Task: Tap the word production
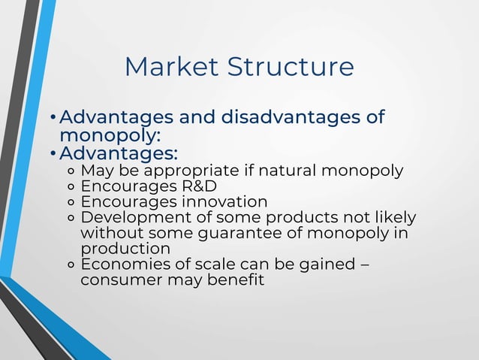pyautogui.click(x=125, y=249)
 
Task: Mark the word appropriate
pyautogui.click(x=184, y=170)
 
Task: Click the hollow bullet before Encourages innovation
pyautogui.click(x=70, y=202)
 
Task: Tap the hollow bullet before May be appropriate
pyautogui.click(x=70, y=171)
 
